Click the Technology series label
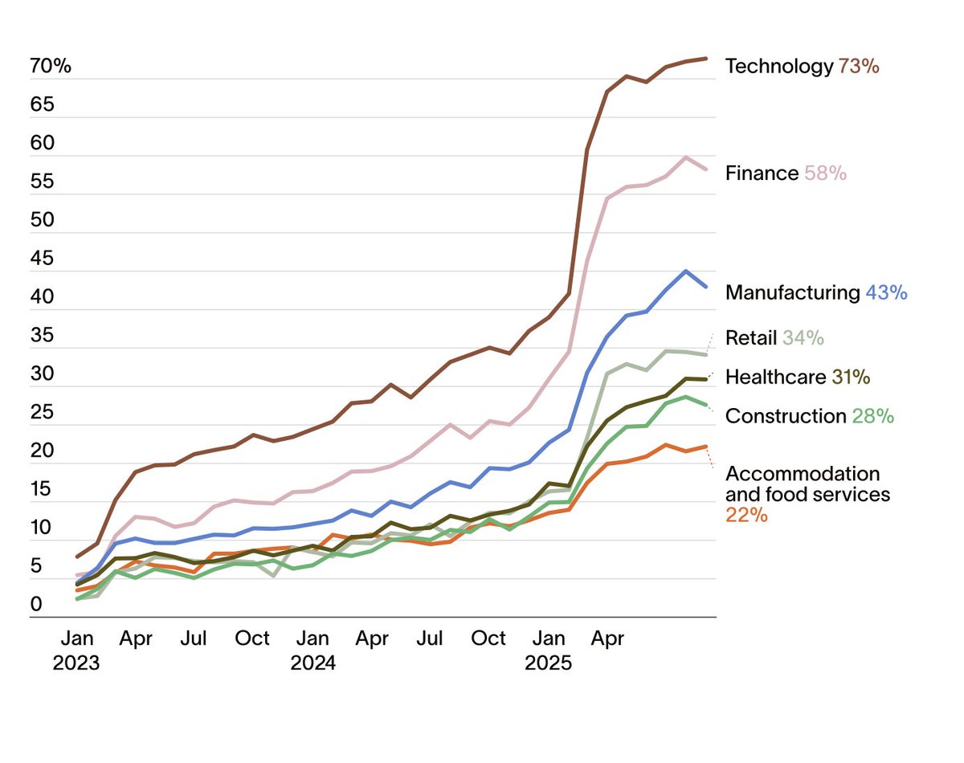[x=778, y=66]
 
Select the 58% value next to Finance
[x=826, y=173]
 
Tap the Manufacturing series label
[x=792, y=292]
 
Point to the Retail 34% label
[x=774, y=337]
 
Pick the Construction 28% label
[x=809, y=416]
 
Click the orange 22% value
[x=746, y=515]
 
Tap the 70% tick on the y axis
[x=51, y=66]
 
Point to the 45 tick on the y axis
[x=41, y=259]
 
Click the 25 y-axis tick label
[x=41, y=413]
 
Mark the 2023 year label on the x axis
[x=77, y=663]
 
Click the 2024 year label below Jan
[x=312, y=663]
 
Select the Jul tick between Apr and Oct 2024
[x=431, y=639]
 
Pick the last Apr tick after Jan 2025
[x=607, y=639]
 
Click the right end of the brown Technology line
[x=705, y=59]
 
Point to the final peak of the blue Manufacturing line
[x=685, y=271]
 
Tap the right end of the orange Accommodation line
[x=705, y=447]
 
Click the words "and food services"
[x=807, y=494]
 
